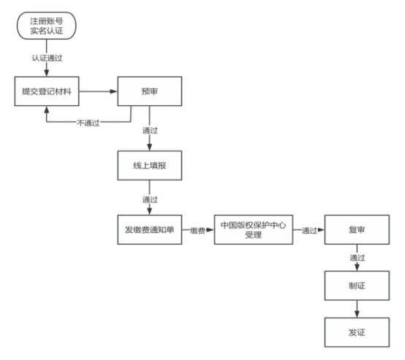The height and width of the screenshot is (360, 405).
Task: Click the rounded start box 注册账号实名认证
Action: [47, 26]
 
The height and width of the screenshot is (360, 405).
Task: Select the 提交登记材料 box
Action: [47, 91]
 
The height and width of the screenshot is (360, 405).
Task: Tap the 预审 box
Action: [150, 91]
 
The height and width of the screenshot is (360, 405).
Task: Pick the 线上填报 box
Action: [150, 166]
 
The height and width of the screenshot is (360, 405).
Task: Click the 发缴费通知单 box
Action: [150, 230]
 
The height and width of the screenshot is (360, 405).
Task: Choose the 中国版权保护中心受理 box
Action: [254, 230]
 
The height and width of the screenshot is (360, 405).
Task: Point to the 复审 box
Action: [357, 230]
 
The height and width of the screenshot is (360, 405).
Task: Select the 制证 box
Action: [357, 286]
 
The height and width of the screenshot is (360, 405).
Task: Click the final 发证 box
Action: [357, 332]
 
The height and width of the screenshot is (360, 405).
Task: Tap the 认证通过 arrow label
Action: [47, 58]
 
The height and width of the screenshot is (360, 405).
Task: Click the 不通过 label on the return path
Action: [88, 123]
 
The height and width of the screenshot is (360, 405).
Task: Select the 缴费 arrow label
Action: [197, 231]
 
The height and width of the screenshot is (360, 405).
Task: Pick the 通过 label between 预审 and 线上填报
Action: [150, 130]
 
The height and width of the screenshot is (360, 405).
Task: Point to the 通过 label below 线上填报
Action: [150, 199]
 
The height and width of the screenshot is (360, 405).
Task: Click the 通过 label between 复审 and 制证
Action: [357, 258]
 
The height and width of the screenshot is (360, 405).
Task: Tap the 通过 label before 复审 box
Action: [309, 231]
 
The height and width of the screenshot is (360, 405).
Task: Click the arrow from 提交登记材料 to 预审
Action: [98, 91]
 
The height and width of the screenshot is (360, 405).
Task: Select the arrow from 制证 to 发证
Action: [357, 309]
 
